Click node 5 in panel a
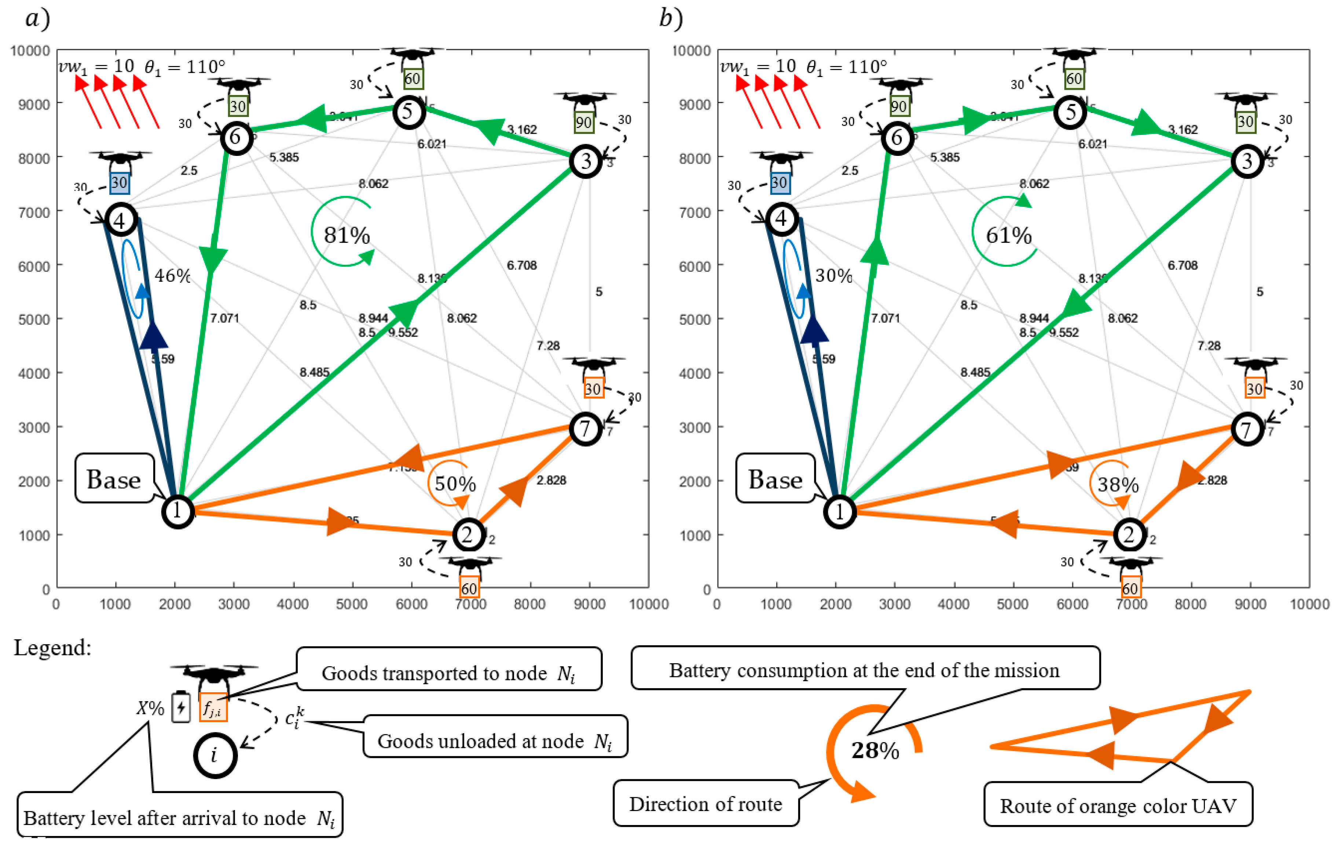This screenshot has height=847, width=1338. click(409, 112)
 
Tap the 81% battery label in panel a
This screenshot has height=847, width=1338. click(347, 236)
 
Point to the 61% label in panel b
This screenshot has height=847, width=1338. click(1008, 236)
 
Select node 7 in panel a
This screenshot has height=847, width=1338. click(585, 428)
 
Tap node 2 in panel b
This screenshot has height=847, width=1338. click(1129, 535)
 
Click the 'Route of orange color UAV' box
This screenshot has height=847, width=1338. click(1118, 805)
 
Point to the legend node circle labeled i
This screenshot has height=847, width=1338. click(215, 755)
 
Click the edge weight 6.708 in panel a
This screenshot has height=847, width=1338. click(521, 266)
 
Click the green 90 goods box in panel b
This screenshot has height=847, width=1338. click(898, 106)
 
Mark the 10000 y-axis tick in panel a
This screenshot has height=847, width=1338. click(30, 51)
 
